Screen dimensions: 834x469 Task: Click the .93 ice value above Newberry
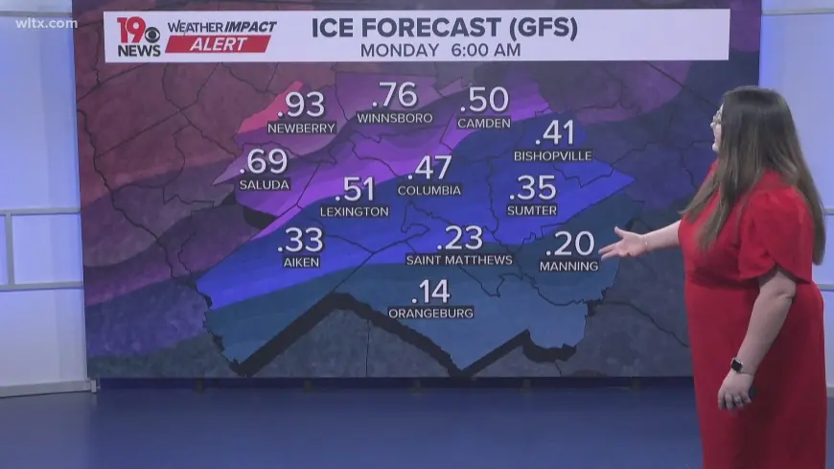point(301,105)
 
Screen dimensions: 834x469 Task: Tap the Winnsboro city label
point(394,118)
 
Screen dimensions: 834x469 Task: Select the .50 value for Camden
point(483,100)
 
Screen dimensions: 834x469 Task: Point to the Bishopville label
point(552,155)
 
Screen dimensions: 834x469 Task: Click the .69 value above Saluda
point(264,161)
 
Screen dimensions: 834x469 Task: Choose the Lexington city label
point(354,211)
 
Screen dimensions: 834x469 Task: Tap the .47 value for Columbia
point(429,168)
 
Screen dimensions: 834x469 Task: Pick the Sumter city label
point(531,210)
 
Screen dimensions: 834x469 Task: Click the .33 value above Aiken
point(300,239)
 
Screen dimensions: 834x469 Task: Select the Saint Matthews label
point(458,260)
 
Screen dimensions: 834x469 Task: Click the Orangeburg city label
point(430,313)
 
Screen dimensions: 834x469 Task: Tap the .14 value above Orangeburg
point(430,292)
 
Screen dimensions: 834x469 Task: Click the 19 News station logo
point(138,36)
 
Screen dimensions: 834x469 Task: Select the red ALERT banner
point(219,44)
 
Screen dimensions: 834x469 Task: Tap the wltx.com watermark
point(46,23)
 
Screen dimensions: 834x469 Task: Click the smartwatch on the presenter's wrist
point(736,365)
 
